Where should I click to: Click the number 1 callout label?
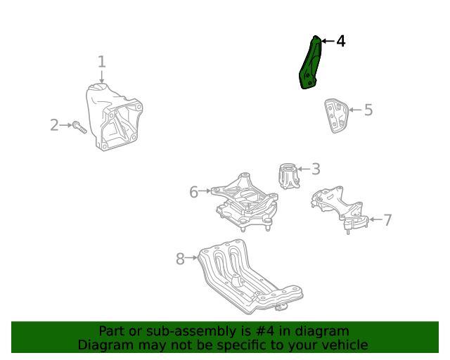pos(101,62)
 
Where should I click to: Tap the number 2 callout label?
pos(54,125)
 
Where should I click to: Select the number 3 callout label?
pos(316,169)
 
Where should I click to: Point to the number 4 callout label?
pos(340,41)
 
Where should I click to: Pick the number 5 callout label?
pos(368,110)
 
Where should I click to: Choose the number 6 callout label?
pos(193,191)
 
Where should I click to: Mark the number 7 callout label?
pos(387,220)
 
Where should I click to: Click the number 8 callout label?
pos(180,259)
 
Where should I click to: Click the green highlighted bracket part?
pos(310,65)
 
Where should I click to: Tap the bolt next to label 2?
pos(79,128)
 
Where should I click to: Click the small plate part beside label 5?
pos(336,115)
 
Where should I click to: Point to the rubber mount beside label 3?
pos(288,176)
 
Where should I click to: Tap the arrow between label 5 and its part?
pos(354,110)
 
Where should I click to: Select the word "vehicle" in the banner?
pos(343,345)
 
